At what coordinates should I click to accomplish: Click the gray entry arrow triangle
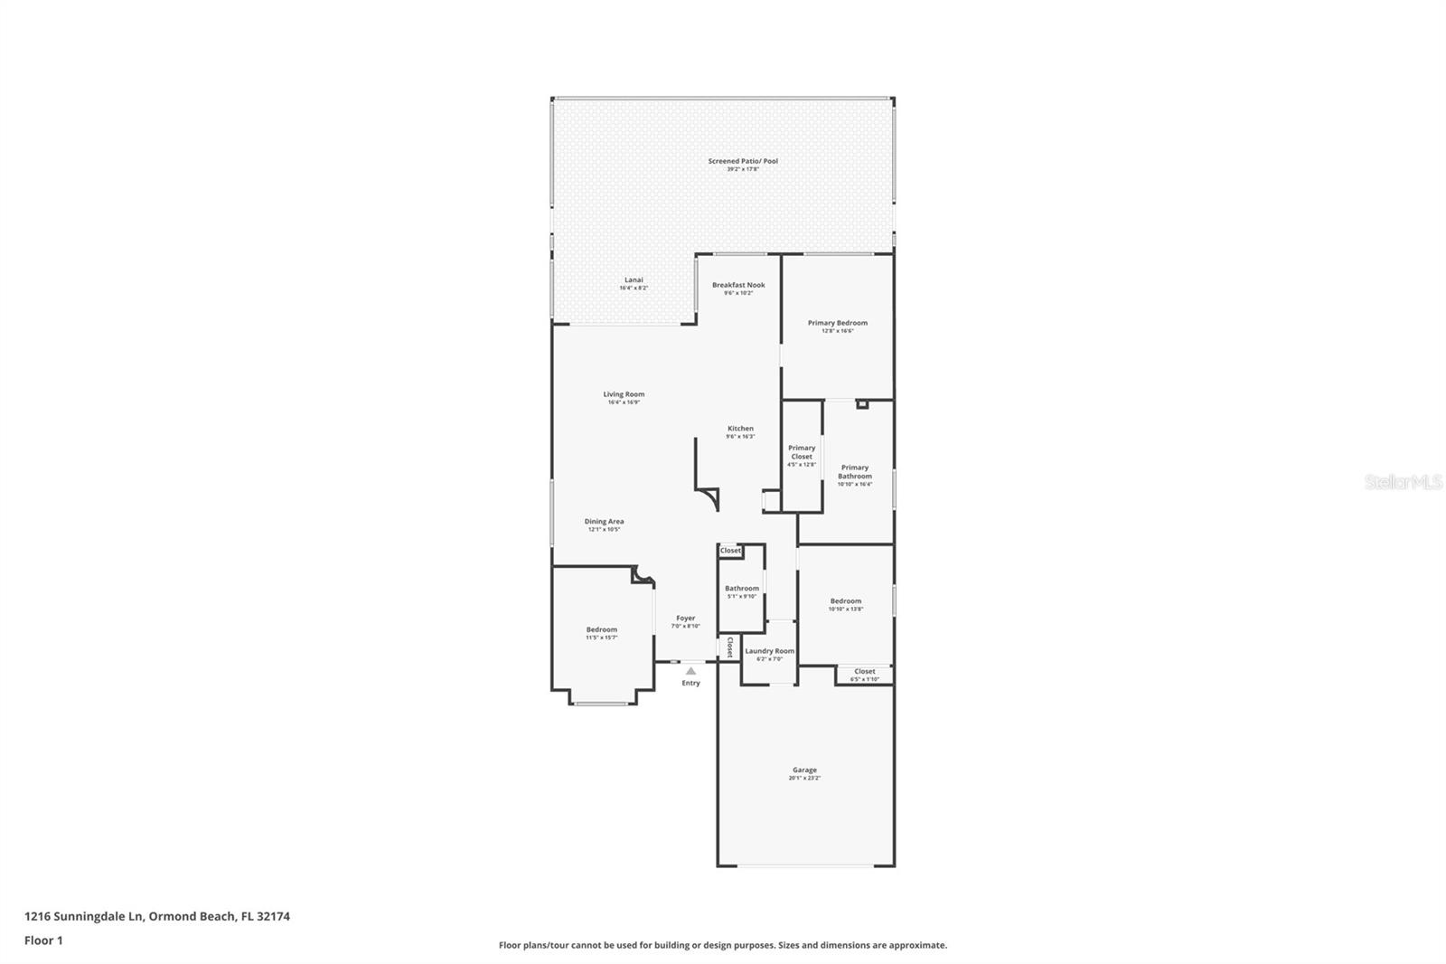click(690, 671)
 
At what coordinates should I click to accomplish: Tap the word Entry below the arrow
click(690, 683)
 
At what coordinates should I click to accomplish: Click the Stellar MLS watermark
click(1403, 483)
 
